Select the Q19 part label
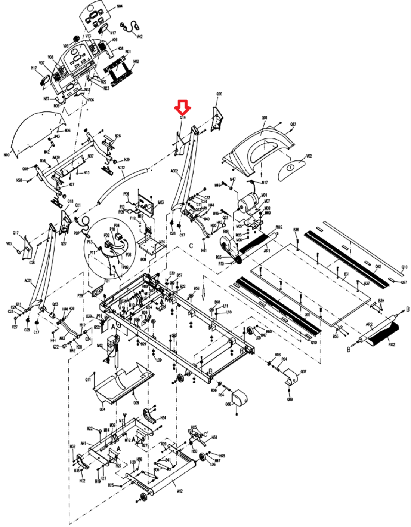coord(183,117)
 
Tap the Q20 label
coord(219,94)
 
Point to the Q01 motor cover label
coord(264,118)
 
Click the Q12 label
coord(293,125)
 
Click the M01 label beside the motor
coord(264,195)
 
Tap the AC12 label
coord(121,168)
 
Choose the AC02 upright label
coord(174,171)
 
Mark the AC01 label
coord(28,280)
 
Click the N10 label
coord(7,155)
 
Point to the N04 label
coord(120,7)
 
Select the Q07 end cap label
coord(303,371)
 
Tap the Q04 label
coord(102,409)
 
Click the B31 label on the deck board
coord(347,274)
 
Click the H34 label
coord(163,417)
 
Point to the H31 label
coord(214,437)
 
